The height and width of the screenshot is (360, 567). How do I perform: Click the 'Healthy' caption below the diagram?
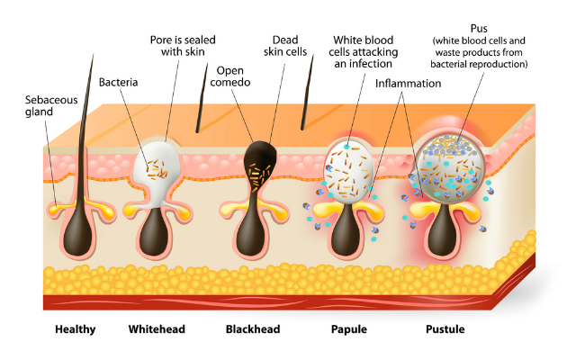click(75, 329)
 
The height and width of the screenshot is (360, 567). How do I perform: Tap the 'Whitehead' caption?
click(157, 329)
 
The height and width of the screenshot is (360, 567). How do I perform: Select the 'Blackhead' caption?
click(253, 329)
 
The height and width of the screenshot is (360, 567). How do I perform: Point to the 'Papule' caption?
click(348, 329)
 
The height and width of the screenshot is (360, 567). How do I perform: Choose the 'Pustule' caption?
click(445, 329)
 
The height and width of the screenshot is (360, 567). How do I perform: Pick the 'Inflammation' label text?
click(409, 83)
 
